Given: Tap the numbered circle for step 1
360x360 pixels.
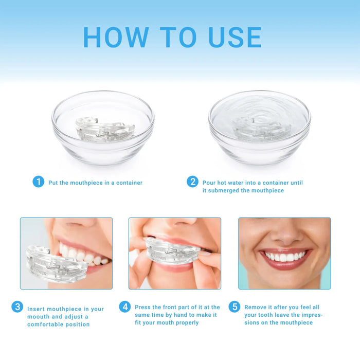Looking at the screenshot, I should [39, 182].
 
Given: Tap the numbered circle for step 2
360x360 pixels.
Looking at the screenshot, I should [192, 182].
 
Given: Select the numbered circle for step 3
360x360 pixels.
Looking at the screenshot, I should [17, 307].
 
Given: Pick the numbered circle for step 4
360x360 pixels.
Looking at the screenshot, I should [125, 307].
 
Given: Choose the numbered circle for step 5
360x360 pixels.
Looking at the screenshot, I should [235, 307].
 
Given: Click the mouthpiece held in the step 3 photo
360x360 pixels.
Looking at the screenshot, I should [51, 262].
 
